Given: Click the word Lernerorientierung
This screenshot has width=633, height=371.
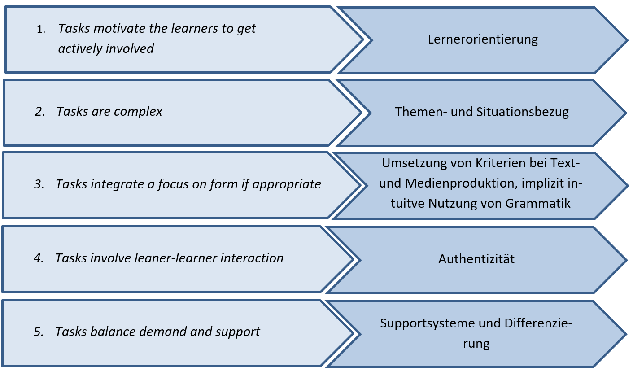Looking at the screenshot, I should pos(483,39).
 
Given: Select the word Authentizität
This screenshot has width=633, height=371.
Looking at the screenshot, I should pos(476,259).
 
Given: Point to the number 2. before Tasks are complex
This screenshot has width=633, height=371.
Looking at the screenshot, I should pos(40,112).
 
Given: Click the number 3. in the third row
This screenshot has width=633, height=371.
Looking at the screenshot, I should pos(39,184).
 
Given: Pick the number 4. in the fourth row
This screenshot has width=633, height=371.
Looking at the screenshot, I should pos(39,258).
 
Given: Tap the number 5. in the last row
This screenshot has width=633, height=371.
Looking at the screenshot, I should pos(39,332).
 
